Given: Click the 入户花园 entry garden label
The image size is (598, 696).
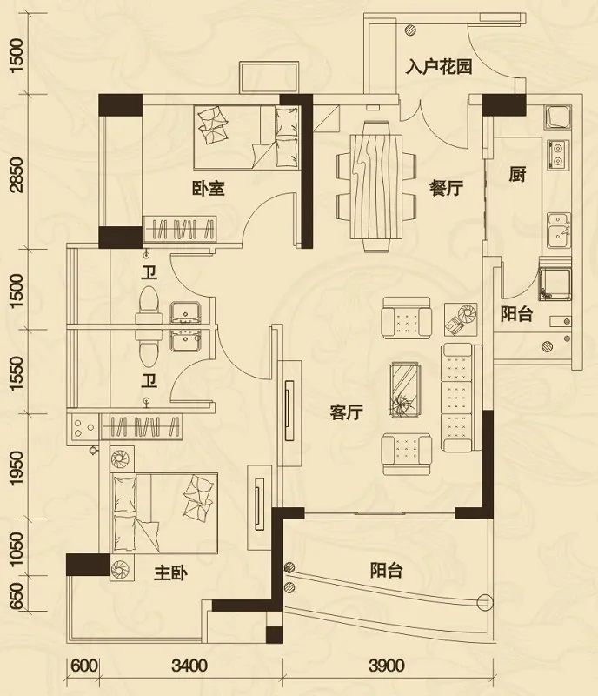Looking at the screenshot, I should tap(439, 67).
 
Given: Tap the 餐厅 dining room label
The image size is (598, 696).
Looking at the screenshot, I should tap(445, 187).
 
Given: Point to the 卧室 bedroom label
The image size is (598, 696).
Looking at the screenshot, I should tap(208, 187).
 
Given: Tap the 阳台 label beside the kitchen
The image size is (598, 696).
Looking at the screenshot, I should tap(517, 315).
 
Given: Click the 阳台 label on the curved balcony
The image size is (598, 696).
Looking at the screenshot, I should tap(386, 572).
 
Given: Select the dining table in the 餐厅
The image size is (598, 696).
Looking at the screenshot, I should tap(375, 185).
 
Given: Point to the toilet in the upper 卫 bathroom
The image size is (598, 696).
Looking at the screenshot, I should tap(147, 302).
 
